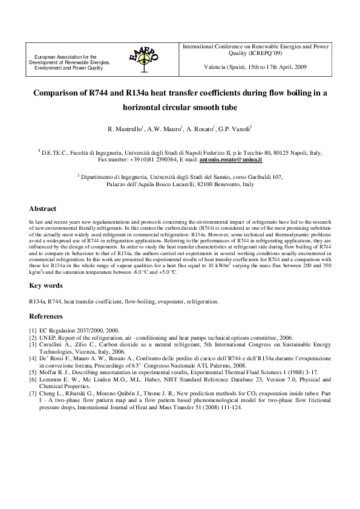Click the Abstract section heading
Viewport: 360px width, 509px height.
coord(43,209)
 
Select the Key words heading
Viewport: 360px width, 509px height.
coord(46,285)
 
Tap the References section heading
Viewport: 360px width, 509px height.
coord(46,316)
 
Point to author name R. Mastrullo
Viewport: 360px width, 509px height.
coord(123,129)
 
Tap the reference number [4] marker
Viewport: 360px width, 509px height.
coord(33,358)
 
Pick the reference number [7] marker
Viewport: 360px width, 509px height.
coord(33,394)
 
